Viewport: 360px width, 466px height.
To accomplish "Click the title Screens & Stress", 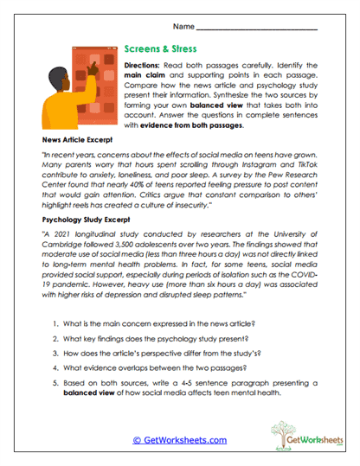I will pyautogui.click(x=162, y=50).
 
